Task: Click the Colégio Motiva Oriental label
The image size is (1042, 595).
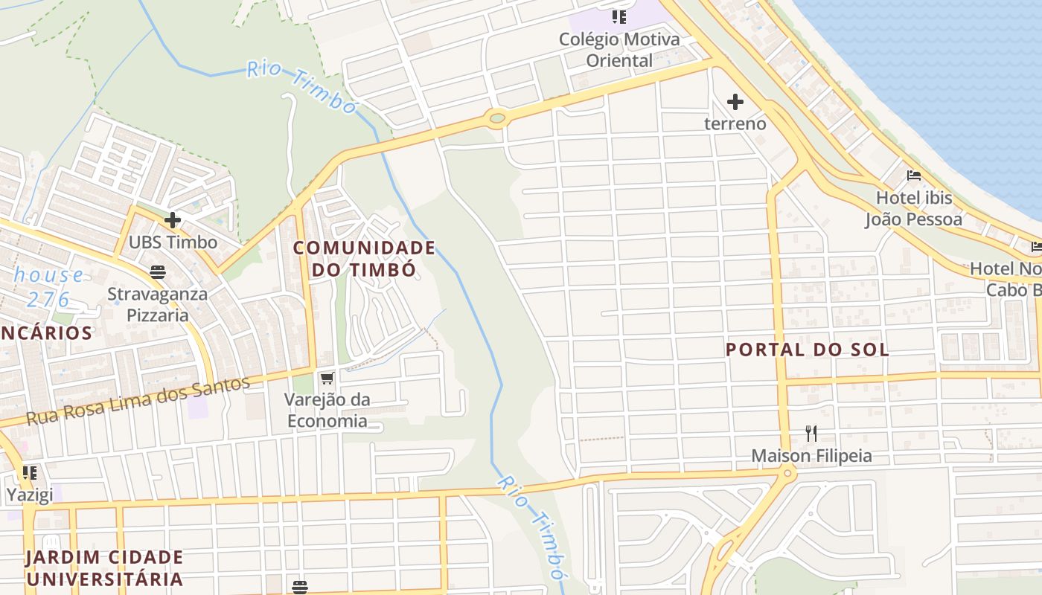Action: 619,49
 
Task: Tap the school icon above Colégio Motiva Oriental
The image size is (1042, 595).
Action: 619,16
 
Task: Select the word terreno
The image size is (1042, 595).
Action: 735,123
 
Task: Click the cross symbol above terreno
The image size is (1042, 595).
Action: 735,102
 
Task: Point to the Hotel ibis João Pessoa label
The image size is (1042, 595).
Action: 913,209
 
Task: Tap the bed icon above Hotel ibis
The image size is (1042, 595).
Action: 914,176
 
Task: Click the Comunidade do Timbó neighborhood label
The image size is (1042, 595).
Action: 363,258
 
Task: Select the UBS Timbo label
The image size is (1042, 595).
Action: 173,242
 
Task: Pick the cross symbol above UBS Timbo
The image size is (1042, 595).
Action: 173,220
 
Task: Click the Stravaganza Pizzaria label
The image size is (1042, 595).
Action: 158,304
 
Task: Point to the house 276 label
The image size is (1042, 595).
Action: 49,287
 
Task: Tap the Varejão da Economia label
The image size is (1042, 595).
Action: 327,411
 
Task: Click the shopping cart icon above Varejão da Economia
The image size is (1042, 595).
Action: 327,379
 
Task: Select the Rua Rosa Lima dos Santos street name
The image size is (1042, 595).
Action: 138,401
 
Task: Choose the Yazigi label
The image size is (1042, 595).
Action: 30,495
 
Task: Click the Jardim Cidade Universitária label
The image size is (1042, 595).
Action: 104,567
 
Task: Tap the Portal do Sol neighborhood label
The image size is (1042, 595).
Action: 807,350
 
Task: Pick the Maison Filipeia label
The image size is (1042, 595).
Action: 811,455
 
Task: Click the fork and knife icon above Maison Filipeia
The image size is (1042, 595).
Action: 811,433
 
